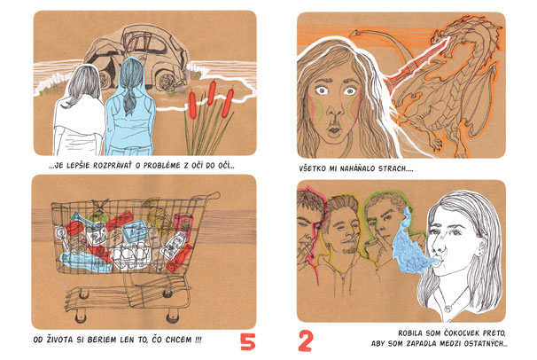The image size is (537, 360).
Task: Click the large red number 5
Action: point(247,341)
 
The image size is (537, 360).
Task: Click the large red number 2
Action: point(305,340)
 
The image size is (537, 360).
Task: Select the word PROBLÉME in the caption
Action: point(161,166)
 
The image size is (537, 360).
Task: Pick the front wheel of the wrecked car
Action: point(167,82)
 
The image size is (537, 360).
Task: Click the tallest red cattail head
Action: point(212,93)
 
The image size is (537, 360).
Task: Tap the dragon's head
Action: point(445,32)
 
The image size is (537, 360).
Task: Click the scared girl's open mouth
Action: point(334,130)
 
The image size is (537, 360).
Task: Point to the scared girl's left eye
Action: point(350,91)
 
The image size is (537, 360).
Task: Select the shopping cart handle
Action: point(206,197)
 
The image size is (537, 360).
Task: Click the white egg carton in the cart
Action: point(130,254)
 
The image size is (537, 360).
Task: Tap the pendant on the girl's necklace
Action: point(447,309)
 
